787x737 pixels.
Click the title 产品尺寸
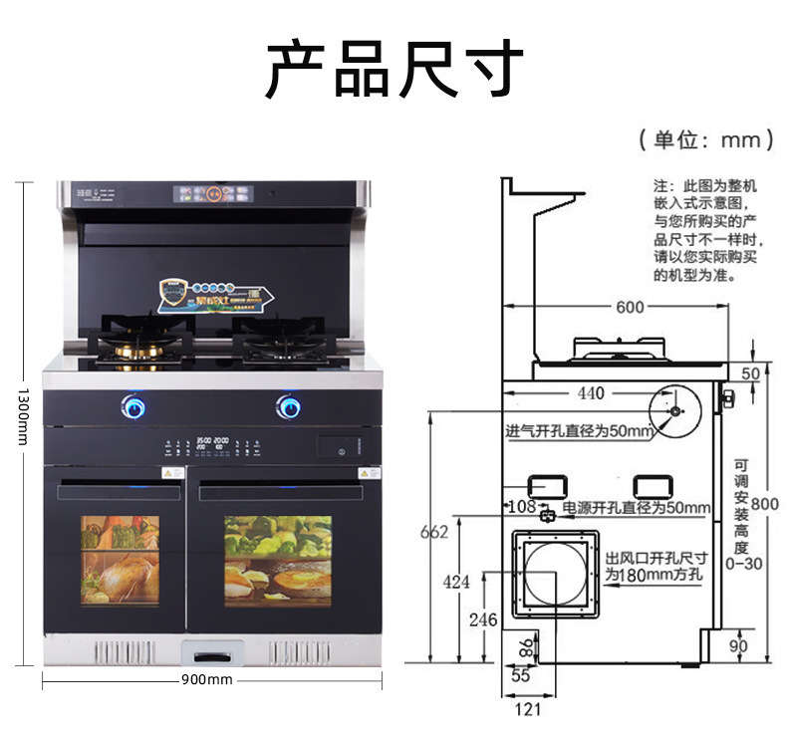click(393, 68)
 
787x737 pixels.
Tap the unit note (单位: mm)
click(705, 139)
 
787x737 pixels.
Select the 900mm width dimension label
click(207, 679)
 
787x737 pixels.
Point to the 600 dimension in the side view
click(630, 307)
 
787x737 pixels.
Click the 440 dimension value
click(591, 393)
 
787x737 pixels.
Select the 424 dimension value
click(455, 583)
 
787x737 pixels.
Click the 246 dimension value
click(482, 620)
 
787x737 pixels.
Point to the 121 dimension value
click(529, 709)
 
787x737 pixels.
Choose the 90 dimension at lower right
click(738, 646)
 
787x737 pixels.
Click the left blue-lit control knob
click(132, 405)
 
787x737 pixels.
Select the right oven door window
click(278, 561)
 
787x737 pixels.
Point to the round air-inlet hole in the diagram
click(674, 410)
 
